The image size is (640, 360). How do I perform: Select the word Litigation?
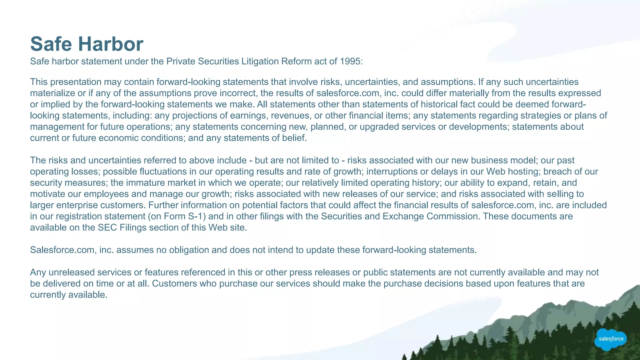[260, 61]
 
